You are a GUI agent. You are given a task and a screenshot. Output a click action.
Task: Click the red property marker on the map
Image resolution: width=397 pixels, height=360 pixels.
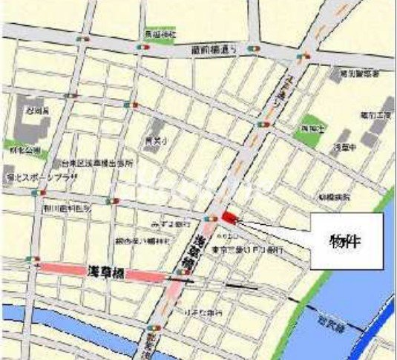click(x=227, y=216)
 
